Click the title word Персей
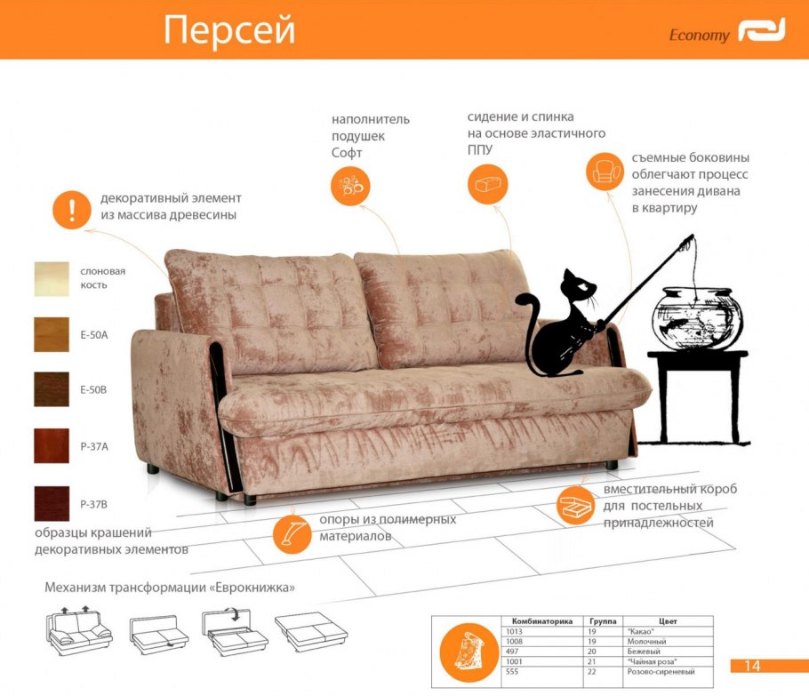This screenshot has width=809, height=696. (229, 31)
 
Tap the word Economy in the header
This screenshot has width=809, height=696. (699, 35)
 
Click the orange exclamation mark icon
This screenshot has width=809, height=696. (72, 210)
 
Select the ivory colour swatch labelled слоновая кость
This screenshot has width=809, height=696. (52, 279)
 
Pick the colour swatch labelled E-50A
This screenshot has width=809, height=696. (52, 335)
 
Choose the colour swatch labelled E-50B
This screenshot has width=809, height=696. (52, 389)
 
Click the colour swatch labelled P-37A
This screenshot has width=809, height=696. (52, 445)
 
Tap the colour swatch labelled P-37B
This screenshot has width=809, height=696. (52, 503)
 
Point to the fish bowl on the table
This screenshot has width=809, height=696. (698, 318)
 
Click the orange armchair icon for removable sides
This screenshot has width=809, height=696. (605, 172)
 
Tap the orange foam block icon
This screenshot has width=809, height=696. (487, 184)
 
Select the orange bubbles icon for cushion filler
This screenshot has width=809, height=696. (350, 186)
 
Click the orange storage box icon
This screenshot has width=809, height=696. (576, 506)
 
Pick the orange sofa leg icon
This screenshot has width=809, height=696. (292, 534)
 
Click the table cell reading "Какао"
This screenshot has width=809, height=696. (641, 631)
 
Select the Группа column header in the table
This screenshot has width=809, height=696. (603, 621)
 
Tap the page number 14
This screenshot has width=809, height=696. (752, 666)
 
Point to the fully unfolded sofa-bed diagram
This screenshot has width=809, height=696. (311, 632)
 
